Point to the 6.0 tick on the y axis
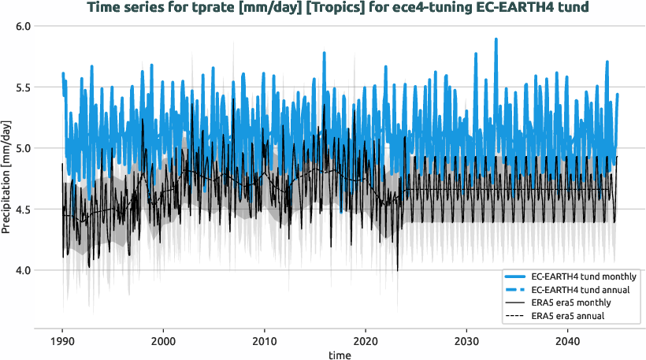pyautogui.click(x=21, y=26)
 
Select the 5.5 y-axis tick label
pyautogui.click(x=21, y=87)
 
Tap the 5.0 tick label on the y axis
pyautogui.click(x=21, y=148)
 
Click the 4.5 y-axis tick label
pyautogui.click(x=21, y=210)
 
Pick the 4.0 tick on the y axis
pyautogui.click(x=21, y=270)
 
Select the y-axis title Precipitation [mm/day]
pyautogui.click(x=7, y=177)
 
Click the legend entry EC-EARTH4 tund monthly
pyautogui.click(x=584, y=277)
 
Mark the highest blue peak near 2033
pyautogui.click(x=496, y=39)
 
